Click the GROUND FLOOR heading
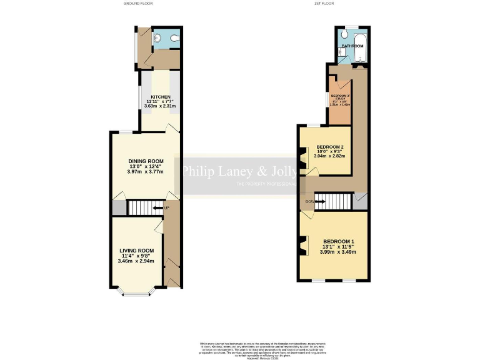click(x=138, y=3)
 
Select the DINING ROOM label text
click(x=146, y=161)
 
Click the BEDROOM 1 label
click(x=339, y=242)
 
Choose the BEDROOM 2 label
click(x=330, y=147)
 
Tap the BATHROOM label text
click(x=352, y=46)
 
